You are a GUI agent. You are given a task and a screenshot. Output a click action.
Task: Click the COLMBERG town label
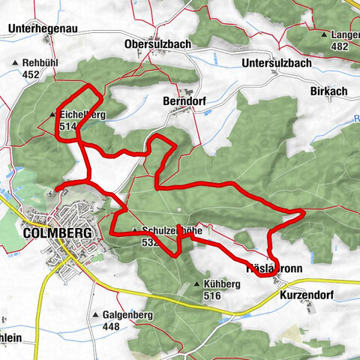[x=57, y=233]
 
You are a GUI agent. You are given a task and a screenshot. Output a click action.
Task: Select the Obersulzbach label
[x=159, y=44]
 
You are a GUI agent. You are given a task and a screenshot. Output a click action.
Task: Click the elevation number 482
[x=340, y=46]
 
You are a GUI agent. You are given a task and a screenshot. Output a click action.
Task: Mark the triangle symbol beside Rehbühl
[x=14, y=64]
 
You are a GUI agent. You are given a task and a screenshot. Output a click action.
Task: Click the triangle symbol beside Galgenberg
[x=96, y=314]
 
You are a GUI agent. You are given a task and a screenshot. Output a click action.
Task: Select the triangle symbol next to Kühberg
[x=196, y=284]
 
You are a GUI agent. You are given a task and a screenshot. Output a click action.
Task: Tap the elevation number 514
[x=67, y=127]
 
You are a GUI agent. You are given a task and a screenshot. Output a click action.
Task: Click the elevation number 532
[x=149, y=242]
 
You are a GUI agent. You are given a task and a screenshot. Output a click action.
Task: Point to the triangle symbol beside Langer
[x=324, y=34]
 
